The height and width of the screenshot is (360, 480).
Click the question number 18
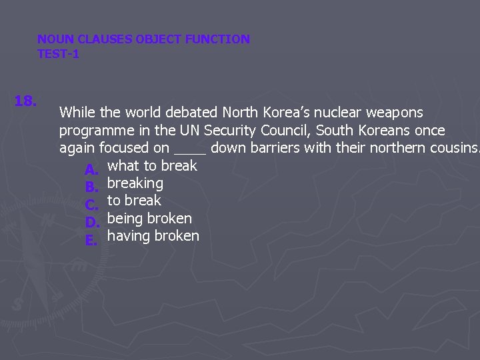[25, 101]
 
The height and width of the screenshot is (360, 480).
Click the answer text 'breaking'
[135, 183]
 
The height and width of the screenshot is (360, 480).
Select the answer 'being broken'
[149, 218]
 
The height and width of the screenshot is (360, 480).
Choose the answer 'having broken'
[153, 235]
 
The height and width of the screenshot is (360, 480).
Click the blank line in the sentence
[190, 150]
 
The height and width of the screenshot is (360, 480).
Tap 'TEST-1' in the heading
[58, 54]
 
